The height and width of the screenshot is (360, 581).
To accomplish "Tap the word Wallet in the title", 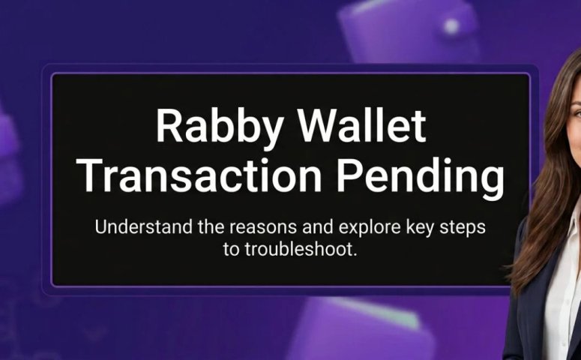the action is coord(362,125).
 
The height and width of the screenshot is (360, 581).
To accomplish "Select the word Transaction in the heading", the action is coord(199,175).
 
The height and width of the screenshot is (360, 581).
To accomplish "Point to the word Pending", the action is coord(420,178).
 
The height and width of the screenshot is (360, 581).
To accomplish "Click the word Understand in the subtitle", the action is coord(144,226).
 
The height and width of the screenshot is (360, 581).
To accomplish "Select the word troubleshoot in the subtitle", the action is coord(301,249).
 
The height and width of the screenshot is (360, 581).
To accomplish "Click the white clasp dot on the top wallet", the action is coord(451,26).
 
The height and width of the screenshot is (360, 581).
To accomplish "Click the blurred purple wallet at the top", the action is coord(408,31).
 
